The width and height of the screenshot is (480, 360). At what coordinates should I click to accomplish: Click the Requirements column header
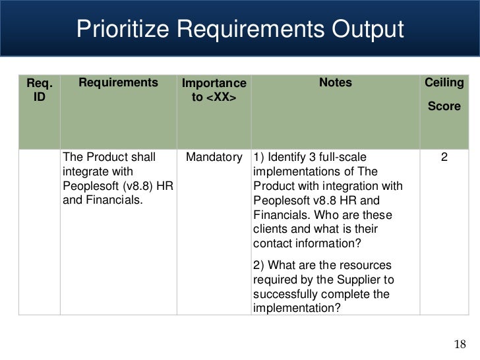[119, 83]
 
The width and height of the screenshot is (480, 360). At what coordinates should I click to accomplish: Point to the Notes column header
[336, 83]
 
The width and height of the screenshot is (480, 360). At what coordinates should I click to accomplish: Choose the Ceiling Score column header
[444, 94]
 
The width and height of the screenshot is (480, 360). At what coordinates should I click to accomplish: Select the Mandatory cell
[214, 158]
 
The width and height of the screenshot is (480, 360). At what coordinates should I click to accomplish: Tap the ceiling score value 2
[444, 158]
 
